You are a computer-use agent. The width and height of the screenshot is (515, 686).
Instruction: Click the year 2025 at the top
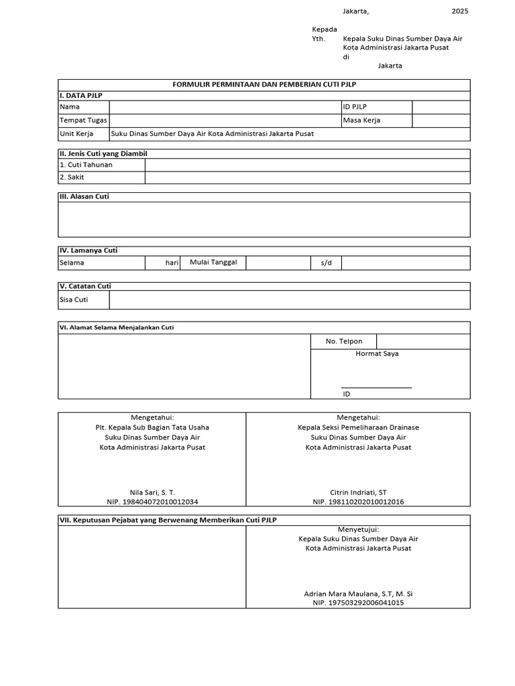(460, 11)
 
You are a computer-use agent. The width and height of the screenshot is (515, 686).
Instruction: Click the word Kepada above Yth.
(325, 29)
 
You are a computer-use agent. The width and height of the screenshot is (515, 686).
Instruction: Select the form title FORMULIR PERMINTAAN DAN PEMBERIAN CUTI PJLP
(264, 85)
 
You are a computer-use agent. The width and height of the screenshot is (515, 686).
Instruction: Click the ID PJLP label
(355, 107)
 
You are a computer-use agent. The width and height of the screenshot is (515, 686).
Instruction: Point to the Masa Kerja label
(357, 121)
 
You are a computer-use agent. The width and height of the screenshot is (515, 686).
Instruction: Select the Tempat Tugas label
(79, 121)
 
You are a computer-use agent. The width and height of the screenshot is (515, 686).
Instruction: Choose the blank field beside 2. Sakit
(307, 178)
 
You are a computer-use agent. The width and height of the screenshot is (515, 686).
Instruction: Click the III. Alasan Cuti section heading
(84, 197)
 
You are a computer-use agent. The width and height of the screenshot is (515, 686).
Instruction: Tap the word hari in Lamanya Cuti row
(172, 263)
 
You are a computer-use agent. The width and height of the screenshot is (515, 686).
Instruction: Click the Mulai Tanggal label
(213, 263)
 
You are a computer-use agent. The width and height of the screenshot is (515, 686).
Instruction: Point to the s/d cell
(327, 263)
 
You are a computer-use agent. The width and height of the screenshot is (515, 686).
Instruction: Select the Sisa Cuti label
(74, 300)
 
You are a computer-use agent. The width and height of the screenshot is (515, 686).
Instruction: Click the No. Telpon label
(344, 342)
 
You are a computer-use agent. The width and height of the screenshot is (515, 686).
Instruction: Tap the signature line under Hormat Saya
(376, 387)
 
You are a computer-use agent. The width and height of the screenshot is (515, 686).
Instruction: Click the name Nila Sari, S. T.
(152, 492)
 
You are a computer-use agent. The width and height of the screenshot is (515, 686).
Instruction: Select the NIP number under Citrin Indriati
(358, 502)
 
